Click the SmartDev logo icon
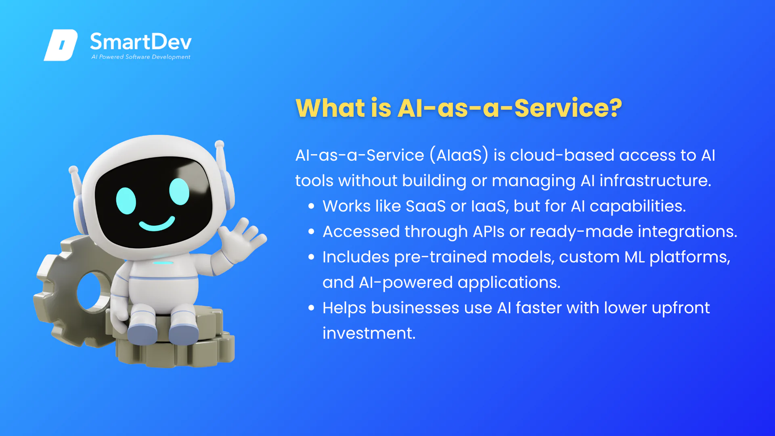coord(61,45)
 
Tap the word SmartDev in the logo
coord(140,42)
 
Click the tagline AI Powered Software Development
coord(140,57)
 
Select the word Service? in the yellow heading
coord(568,108)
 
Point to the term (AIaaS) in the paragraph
coord(459,155)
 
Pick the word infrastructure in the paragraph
coord(655,180)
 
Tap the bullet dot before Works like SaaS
coord(311,206)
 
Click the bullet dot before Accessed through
coord(311,232)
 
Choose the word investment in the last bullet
coord(369,333)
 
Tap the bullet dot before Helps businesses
coord(311,308)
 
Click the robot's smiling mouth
coord(157,224)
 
